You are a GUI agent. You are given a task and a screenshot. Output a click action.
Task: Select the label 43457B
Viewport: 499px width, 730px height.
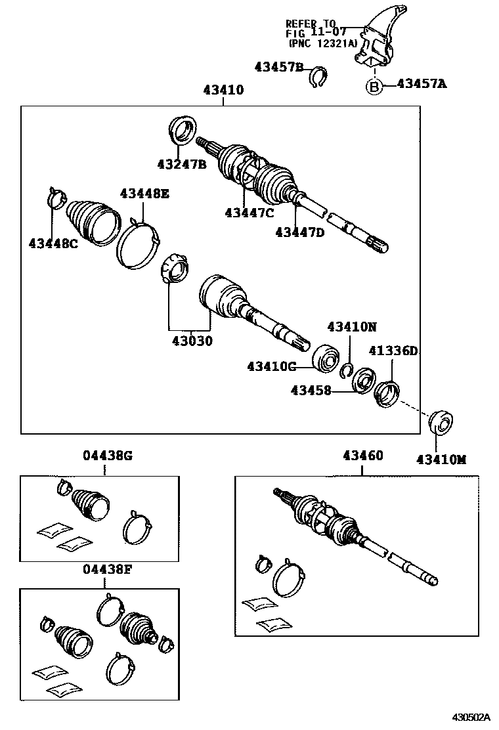pos(279,66)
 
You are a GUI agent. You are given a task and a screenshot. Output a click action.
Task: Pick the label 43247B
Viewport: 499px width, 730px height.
pos(181,164)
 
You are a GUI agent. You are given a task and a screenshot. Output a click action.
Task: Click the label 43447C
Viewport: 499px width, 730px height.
pos(249,212)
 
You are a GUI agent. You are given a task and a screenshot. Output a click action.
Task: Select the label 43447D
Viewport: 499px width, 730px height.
pos(300,232)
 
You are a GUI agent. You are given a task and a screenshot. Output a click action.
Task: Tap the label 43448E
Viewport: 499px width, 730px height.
pos(144,193)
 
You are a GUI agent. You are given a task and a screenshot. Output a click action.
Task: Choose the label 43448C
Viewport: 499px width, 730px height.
pos(53,244)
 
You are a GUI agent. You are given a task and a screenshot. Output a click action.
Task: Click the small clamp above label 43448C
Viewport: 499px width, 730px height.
pos(58,195)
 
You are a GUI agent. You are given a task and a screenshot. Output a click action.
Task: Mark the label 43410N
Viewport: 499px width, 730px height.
pos(352,327)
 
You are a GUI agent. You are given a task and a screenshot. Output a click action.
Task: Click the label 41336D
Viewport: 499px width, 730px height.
pos(393,351)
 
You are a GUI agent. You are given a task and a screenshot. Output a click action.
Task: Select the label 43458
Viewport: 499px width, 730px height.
pos(311,391)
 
